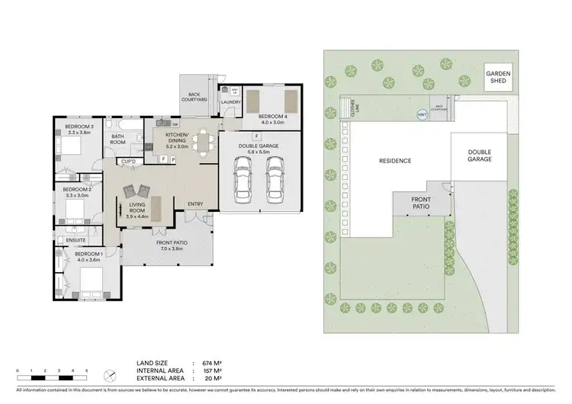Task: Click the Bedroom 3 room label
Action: click(x=79, y=126)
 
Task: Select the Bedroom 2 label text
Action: click(x=79, y=188)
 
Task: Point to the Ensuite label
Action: click(x=75, y=239)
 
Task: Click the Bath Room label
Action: click(x=117, y=139)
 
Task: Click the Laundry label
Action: click(x=231, y=101)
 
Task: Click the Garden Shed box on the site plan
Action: click(x=500, y=78)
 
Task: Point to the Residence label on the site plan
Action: click(x=395, y=161)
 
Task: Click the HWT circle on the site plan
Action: click(x=421, y=114)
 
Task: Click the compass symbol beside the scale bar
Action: click(x=111, y=373)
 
